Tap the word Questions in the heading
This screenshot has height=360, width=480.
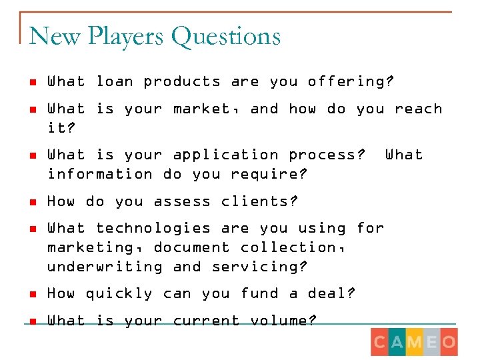coord(225,36)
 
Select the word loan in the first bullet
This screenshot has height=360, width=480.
coord(115,82)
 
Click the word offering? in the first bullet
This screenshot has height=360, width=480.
coord(351,82)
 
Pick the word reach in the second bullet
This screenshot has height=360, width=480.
coord(418,109)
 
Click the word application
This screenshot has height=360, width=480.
coord(225,155)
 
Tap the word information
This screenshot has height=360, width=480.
coord(99,175)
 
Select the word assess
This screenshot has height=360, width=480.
coord(182,201)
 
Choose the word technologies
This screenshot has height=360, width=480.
coord(153,228)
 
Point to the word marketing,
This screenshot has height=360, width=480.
coord(95,248)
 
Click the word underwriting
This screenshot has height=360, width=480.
coord(105,267)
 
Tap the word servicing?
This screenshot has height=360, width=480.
coord(259,267)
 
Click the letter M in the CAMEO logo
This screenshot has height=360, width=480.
coord(414,343)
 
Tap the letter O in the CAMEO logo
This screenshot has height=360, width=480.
coord(448,343)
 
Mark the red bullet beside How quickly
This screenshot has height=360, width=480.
coord(32,295)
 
